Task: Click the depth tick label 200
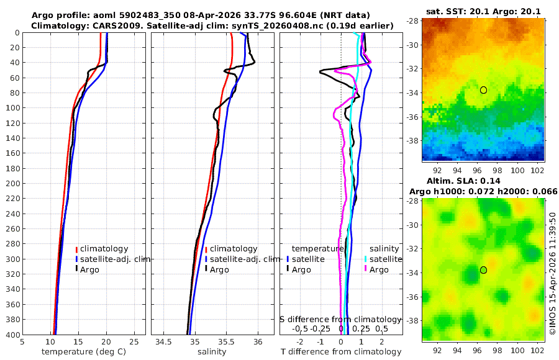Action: point(12,183)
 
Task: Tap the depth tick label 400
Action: point(12,335)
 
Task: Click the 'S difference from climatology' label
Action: point(341,318)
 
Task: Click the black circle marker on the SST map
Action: point(483,90)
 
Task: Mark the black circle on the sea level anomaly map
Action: point(483,270)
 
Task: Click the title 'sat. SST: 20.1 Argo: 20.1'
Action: point(483,11)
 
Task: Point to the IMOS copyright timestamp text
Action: point(553,273)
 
